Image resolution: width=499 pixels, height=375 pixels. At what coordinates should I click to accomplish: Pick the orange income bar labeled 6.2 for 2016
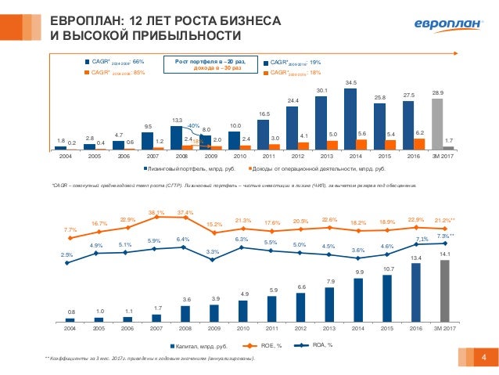pyautogui.click(x=418, y=143)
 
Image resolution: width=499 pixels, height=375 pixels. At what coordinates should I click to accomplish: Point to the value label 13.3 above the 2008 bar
pyautogui.click(x=178, y=120)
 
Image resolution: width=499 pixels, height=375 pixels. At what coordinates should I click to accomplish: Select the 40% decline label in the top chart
pyautogui.click(x=195, y=125)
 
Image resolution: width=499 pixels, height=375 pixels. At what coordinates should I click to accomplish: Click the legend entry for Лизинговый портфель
pyautogui.click(x=190, y=168)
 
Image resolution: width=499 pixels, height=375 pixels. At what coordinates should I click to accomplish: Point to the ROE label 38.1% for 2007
pyautogui.click(x=156, y=212)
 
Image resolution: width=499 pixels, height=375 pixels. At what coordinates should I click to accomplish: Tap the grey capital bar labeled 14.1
pyautogui.click(x=445, y=290)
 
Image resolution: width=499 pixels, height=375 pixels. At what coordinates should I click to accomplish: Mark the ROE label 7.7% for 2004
pyautogui.click(x=70, y=229)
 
